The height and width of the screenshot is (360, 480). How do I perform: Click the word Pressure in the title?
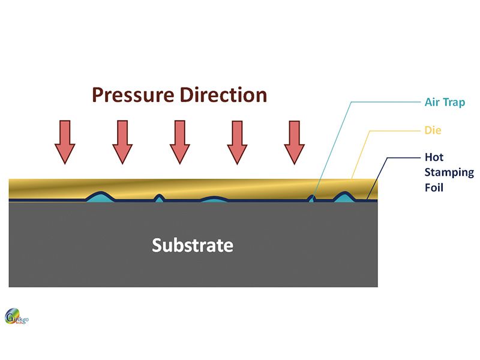tap(133, 95)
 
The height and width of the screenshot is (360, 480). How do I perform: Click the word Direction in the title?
tap(223, 95)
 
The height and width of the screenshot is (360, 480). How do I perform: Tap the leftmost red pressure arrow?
tap(65, 142)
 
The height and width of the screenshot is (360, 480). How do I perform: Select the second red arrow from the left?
tap(122, 142)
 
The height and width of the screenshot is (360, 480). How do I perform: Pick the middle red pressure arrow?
tap(179, 142)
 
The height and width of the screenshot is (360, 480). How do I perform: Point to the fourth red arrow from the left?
tap(237, 142)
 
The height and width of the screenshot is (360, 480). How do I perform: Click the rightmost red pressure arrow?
tap(295, 142)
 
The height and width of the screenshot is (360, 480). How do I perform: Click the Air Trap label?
tap(445, 102)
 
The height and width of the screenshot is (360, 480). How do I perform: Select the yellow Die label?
tap(433, 130)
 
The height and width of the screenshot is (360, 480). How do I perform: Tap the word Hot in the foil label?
tap(434, 157)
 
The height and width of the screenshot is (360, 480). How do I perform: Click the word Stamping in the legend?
tap(449, 173)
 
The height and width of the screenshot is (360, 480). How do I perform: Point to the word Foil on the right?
tap(434, 187)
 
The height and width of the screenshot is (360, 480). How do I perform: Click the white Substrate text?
tap(193, 245)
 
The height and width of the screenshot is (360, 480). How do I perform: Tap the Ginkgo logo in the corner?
tap(17, 316)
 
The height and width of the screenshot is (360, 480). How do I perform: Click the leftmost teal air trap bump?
tap(100, 197)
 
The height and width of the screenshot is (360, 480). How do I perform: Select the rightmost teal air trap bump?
tap(344, 197)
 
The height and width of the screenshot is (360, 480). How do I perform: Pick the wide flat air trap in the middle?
tap(214, 199)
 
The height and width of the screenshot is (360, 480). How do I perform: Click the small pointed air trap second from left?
tap(159, 199)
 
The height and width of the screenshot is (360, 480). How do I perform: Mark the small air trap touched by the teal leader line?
tap(311, 199)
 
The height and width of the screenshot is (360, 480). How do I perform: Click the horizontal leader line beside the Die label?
tap(395, 131)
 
